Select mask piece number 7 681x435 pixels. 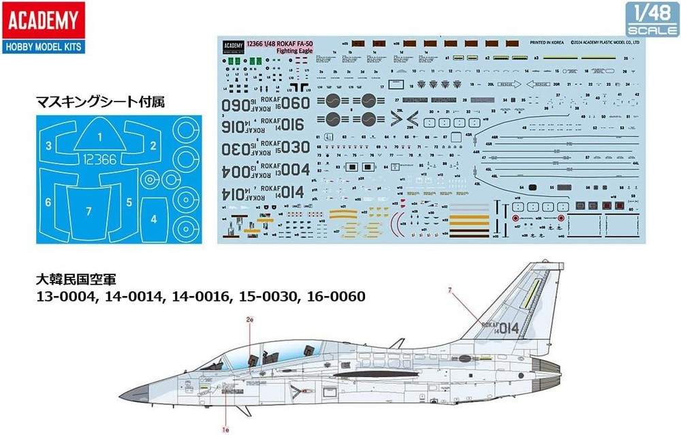(89, 211)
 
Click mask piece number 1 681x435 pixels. (99, 136)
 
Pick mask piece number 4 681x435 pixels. (154, 219)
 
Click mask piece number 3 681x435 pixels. (48, 146)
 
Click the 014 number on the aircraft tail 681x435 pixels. (507, 329)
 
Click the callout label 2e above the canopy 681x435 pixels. (249, 319)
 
